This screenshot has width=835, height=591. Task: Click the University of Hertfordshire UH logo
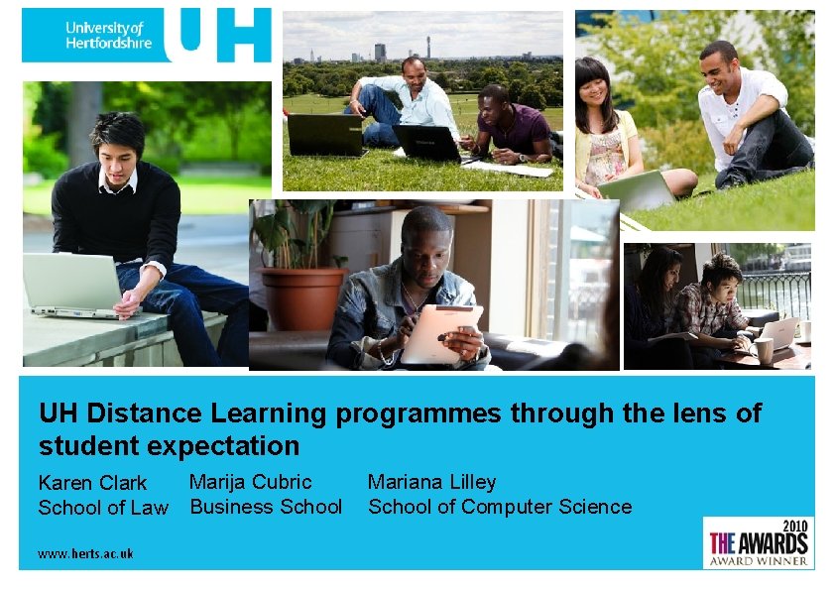click(x=146, y=35)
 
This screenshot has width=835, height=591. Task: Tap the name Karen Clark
click(x=92, y=483)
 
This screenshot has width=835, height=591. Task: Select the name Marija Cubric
click(x=250, y=482)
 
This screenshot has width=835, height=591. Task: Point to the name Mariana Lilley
click(x=431, y=482)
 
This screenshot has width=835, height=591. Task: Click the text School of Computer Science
click(x=500, y=507)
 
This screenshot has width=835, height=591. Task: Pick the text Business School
click(x=266, y=507)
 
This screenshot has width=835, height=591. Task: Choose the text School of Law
click(x=103, y=508)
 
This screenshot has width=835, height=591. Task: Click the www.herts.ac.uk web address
click(x=85, y=554)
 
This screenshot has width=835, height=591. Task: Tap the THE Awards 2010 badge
click(x=759, y=542)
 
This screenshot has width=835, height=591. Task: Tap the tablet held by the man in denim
click(x=441, y=333)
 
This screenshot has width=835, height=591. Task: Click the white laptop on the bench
click(x=72, y=285)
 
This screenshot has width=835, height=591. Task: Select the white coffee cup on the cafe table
click(x=764, y=349)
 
